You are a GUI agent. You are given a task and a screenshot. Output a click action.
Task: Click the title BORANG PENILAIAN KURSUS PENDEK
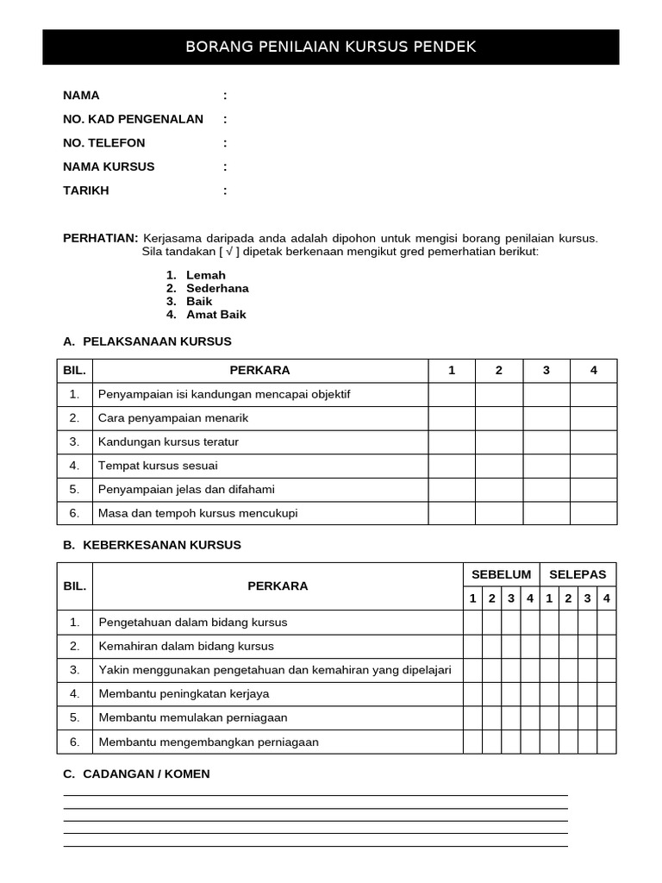pyautogui.click(x=330, y=47)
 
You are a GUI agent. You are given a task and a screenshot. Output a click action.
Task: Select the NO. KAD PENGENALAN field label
pyautogui.click(x=133, y=119)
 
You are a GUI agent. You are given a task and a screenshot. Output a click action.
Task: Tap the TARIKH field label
pyautogui.click(x=86, y=191)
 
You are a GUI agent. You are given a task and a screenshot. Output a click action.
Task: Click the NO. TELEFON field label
pyautogui.click(x=104, y=143)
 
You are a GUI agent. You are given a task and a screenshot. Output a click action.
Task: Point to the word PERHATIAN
pyautogui.click(x=100, y=238)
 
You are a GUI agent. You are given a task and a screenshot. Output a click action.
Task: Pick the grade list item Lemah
pyautogui.click(x=205, y=275)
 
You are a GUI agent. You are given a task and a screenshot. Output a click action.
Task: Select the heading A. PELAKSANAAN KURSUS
pyautogui.click(x=147, y=341)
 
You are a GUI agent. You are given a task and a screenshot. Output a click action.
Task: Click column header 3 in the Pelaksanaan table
pyautogui.click(x=546, y=371)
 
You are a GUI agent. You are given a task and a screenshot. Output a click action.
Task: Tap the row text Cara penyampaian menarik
pyautogui.click(x=173, y=418)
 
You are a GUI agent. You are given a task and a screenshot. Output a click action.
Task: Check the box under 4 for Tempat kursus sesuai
pyautogui.click(x=593, y=466)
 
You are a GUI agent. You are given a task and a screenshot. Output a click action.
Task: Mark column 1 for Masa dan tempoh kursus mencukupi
pyautogui.click(x=452, y=513)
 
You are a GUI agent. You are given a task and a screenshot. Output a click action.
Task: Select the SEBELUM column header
pyautogui.click(x=501, y=574)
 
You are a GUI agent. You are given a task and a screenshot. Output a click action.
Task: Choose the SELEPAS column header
pyautogui.click(x=578, y=574)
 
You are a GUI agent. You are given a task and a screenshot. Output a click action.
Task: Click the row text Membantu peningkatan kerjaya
pyautogui.click(x=184, y=693)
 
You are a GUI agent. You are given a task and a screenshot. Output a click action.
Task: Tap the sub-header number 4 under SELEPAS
pyautogui.click(x=607, y=598)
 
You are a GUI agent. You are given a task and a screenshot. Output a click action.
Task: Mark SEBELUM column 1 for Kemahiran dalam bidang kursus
pyautogui.click(x=472, y=646)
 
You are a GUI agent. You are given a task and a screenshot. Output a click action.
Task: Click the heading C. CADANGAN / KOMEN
pyautogui.click(x=136, y=774)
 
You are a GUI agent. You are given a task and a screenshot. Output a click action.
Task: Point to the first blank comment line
pyautogui.click(x=315, y=794)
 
